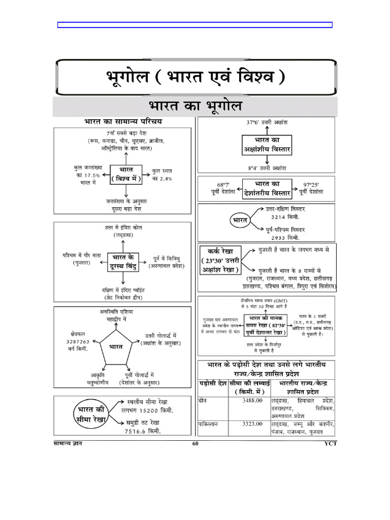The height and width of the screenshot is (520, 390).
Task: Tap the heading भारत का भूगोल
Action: (196, 107)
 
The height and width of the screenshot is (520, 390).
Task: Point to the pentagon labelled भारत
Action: (116, 347)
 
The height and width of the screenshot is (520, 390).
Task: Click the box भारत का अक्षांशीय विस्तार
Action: (266, 145)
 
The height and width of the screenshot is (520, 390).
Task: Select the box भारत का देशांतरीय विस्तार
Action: (266, 187)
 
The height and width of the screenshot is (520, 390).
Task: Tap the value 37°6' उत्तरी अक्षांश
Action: (266, 123)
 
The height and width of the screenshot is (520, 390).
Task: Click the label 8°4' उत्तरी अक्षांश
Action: (267, 168)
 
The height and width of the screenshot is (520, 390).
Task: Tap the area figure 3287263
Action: (78, 342)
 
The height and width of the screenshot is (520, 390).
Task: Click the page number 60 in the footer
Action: (196, 444)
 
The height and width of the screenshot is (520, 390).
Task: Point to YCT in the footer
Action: (331, 444)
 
